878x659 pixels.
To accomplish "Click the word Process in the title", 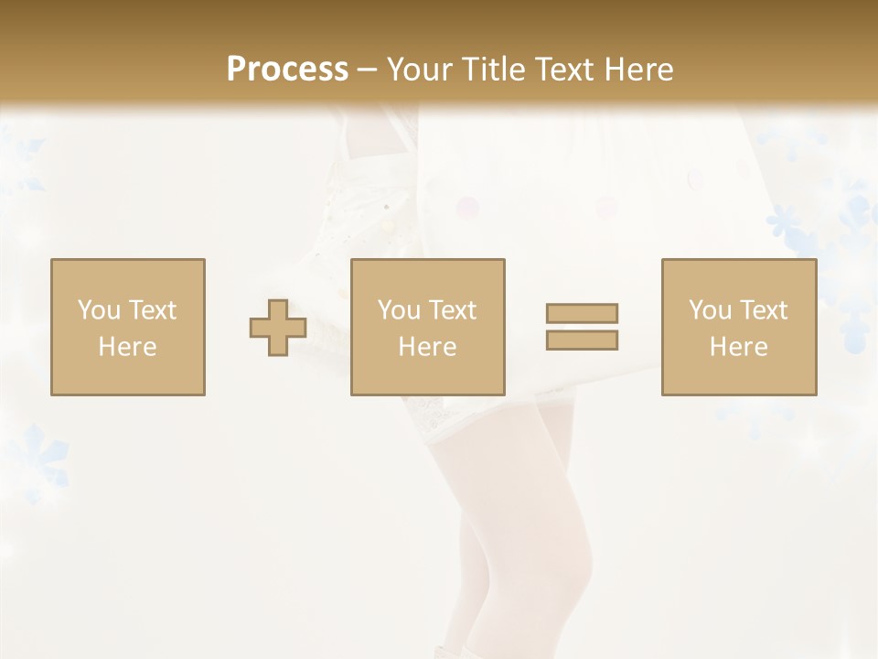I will tap(287, 70).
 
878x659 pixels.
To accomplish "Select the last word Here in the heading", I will tap(639, 70).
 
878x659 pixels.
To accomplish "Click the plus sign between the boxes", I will tap(278, 328).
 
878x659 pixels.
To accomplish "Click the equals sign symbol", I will tap(582, 327).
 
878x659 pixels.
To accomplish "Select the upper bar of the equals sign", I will tap(582, 313).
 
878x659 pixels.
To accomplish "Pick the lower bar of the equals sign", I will tap(582, 340).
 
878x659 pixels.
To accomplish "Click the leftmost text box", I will tap(127, 327).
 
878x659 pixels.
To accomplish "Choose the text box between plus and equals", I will tap(427, 327).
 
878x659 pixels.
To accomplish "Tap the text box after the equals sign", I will tap(738, 327).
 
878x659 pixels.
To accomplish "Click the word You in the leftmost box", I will tap(99, 310).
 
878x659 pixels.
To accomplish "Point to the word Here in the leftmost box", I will tap(127, 347).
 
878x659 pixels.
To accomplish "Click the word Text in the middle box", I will tap(452, 310).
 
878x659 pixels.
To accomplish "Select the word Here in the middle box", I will tap(427, 347).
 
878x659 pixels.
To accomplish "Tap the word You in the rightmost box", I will tap(711, 310).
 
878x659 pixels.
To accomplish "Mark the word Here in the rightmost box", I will tap(738, 347).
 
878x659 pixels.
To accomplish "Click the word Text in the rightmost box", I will tap(763, 310).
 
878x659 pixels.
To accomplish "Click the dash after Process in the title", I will tap(367, 70).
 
